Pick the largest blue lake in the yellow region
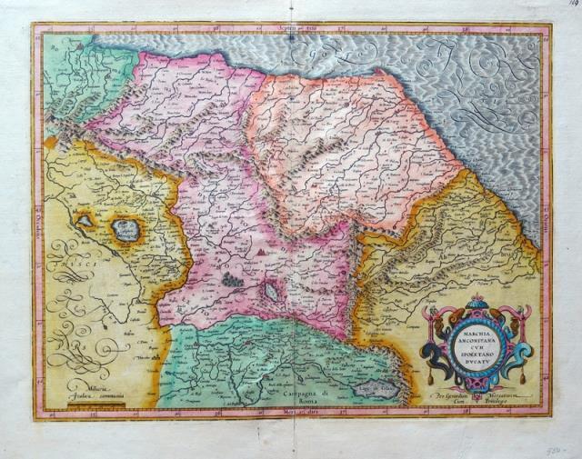click(x=126, y=231)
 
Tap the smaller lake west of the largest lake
click(x=85, y=220)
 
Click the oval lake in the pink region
click(x=272, y=293)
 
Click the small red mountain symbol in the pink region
click(x=262, y=246)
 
